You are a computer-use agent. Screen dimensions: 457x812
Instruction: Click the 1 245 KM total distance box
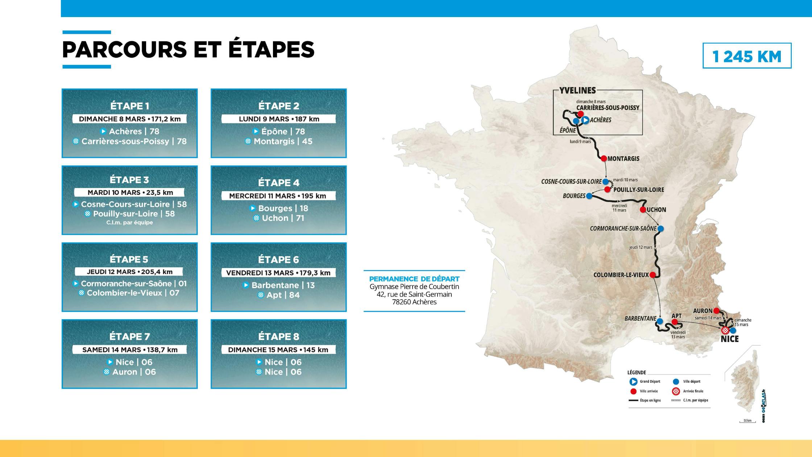tap(747, 56)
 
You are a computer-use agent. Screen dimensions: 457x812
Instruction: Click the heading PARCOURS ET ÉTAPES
tap(188, 49)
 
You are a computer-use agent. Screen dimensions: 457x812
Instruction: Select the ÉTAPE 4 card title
tap(278, 182)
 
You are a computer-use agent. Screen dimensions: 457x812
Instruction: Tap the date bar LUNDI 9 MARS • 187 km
tap(278, 119)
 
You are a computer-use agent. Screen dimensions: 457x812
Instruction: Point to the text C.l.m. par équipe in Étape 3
tap(129, 222)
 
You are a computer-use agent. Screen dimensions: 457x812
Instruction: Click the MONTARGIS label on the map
tap(623, 158)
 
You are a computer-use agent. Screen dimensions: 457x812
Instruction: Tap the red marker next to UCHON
tap(643, 210)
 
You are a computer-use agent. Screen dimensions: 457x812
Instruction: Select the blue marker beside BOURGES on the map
tap(589, 196)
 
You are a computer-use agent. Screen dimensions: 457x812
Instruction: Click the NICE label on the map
tap(729, 339)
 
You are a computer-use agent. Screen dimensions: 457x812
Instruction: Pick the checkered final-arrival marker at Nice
tap(725, 330)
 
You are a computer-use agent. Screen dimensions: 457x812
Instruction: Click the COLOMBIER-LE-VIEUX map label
tap(621, 275)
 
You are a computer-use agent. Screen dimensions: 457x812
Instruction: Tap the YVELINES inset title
tap(577, 91)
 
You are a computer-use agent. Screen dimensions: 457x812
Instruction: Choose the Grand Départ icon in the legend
tap(634, 382)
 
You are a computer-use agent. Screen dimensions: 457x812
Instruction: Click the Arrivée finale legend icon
tap(676, 391)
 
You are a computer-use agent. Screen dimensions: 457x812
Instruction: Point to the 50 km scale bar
tap(747, 421)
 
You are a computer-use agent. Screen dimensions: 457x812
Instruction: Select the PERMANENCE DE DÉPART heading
tap(414, 279)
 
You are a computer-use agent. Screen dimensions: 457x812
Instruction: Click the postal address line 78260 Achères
tap(414, 302)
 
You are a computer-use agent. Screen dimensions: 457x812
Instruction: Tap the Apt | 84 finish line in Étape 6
tap(278, 295)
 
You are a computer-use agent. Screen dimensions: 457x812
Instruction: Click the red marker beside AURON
tap(716, 311)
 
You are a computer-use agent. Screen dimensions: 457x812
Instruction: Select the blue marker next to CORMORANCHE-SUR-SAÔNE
tap(660, 228)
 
